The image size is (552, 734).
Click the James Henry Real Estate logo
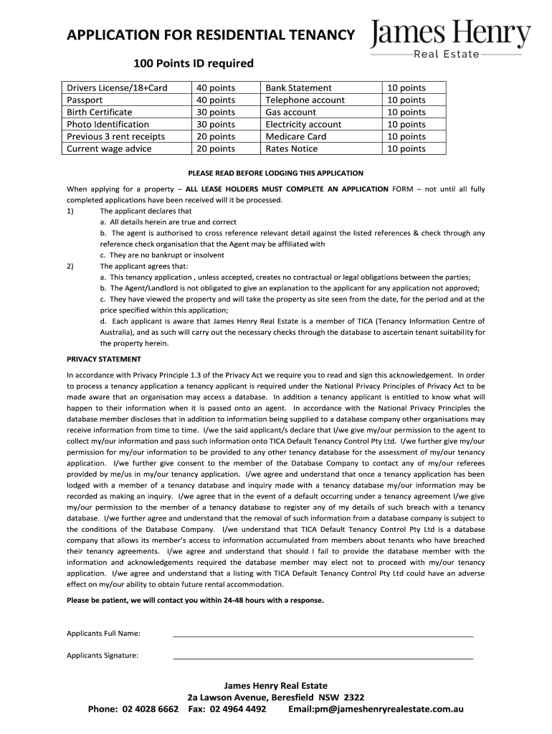tap(451, 39)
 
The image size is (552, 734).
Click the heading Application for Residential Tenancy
tap(211, 35)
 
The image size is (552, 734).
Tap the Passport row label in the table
tap(85, 100)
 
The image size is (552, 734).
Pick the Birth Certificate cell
tap(100, 113)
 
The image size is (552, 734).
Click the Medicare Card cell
tap(295, 137)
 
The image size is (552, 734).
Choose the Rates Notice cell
tap(291, 149)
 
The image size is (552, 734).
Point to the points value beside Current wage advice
tap(215, 149)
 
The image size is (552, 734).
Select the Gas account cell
tap(290, 113)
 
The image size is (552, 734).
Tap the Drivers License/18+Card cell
tap(117, 88)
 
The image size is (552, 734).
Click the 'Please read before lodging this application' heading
tap(275, 173)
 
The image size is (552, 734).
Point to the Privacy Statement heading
tap(104, 359)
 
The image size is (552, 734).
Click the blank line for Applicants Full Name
tap(323, 634)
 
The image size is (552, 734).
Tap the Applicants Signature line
tap(323, 657)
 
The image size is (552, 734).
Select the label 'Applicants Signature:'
tap(103, 655)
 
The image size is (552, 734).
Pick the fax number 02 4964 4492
tap(238, 710)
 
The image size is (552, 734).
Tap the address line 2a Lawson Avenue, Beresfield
tap(275, 697)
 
